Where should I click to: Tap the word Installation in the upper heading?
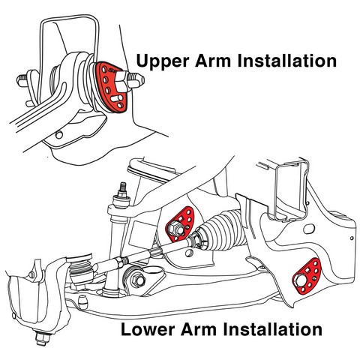click(287, 61)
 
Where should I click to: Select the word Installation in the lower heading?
click(272, 329)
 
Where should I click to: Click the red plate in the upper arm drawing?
click(110, 85)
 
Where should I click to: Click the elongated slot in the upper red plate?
click(116, 98)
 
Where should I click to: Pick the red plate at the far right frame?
click(307, 276)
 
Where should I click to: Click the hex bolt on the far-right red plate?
click(300, 280)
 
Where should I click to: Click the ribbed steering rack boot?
click(222, 230)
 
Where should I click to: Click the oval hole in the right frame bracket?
click(309, 229)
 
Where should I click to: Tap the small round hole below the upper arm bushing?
click(59, 135)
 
